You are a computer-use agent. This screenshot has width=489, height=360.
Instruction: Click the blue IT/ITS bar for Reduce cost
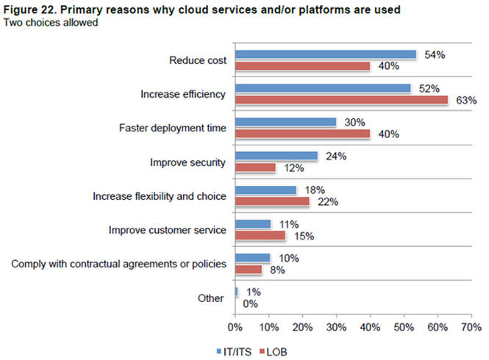point(325,54)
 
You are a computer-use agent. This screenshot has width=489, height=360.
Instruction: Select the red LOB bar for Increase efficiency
point(341,100)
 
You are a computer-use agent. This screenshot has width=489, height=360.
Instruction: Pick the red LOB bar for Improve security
point(255,168)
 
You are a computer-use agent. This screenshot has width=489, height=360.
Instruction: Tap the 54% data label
point(434,54)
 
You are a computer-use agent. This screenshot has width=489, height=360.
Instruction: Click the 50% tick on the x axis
point(404,325)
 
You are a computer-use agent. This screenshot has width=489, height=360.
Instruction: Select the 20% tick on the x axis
point(302,325)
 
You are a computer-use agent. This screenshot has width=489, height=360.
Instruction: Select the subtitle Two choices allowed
point(51,23)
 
